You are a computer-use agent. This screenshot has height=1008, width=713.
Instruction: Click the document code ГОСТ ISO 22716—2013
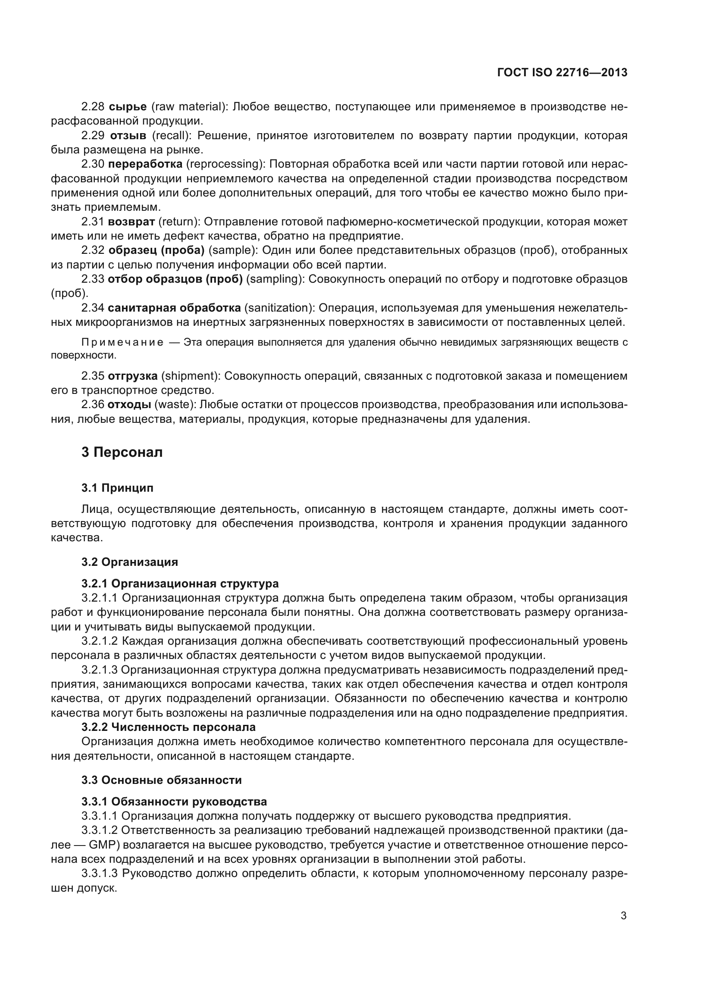562,72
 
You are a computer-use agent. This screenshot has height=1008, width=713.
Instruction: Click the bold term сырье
127,106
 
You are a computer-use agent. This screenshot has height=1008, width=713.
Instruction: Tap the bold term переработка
145,164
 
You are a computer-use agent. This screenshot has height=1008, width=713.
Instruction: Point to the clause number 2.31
93,222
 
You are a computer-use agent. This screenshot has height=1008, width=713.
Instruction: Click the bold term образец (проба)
156,250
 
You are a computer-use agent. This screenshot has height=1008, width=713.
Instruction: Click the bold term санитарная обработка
174,308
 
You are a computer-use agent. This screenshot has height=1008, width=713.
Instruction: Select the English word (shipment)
190,376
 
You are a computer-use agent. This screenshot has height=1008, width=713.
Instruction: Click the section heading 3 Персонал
122,452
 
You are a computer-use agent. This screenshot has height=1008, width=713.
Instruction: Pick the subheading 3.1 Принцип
117,488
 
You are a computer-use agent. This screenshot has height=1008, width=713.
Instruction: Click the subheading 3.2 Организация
129,562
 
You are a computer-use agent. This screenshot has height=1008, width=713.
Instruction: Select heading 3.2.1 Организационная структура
180,584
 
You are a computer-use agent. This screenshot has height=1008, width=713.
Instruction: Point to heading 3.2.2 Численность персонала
169,727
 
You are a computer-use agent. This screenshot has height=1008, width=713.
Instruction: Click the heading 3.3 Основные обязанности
161,780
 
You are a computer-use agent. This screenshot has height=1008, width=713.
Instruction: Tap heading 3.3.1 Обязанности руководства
174,802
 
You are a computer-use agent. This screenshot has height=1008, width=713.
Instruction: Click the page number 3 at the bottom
623,916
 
